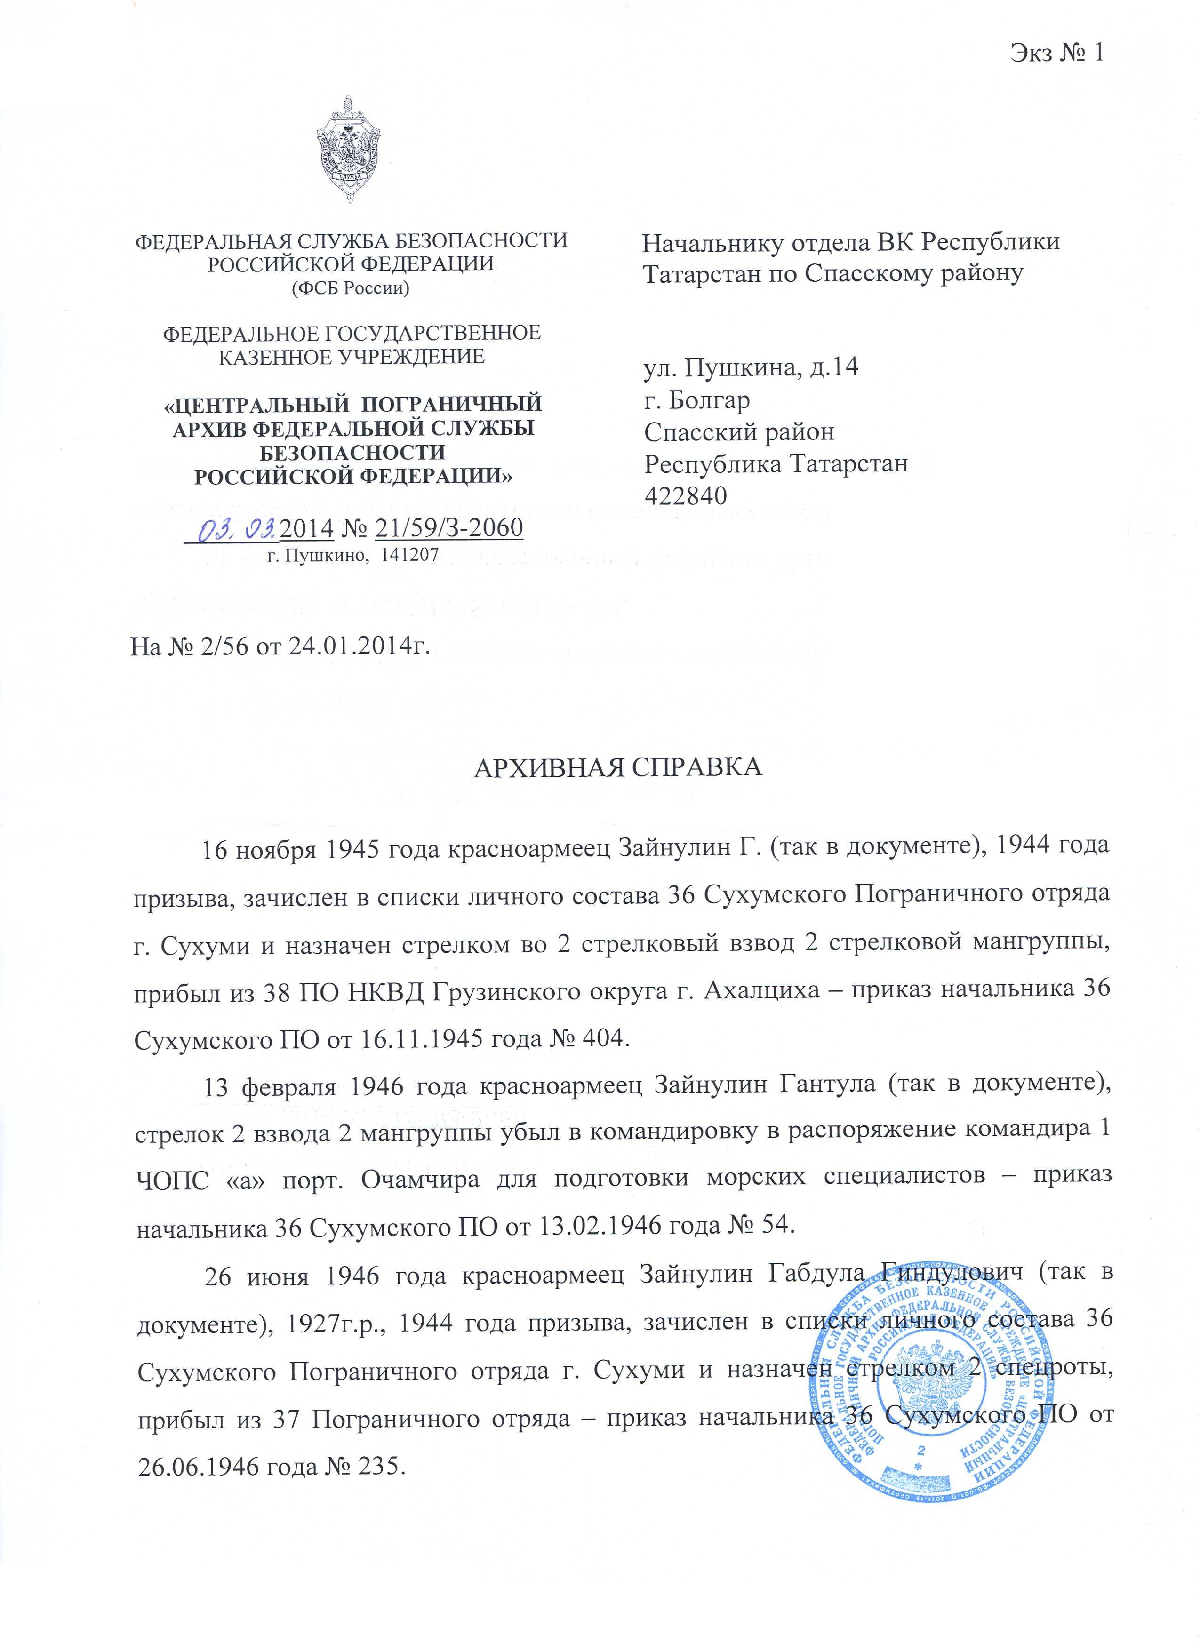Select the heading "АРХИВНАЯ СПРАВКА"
[618, 768]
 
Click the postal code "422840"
[686, 496]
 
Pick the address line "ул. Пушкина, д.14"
[751, 367]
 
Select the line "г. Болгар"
[697, 399]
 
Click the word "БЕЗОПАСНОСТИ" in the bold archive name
[352, 453]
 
